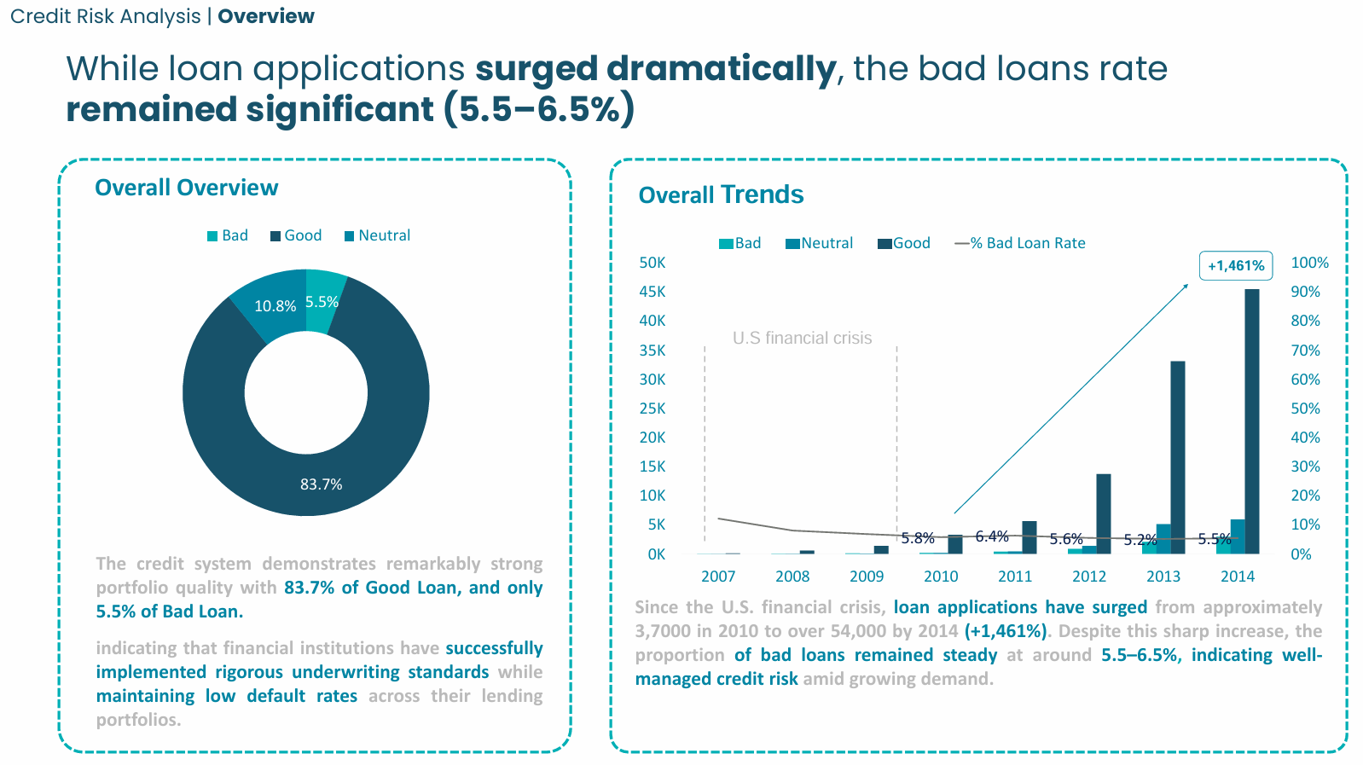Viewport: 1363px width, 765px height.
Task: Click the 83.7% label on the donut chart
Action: pos(321,484)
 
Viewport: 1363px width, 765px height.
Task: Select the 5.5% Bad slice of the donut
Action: pos(323,298)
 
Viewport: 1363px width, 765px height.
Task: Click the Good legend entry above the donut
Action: pos(296,235)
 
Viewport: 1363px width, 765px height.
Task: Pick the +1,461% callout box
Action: pos(1236,265)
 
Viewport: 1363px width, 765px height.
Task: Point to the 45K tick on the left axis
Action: pos(652,292)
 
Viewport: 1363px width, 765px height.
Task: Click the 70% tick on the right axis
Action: pos(1305,351)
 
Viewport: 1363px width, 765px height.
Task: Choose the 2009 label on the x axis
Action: pos(867,577)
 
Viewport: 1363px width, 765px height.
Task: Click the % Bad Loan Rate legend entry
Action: pos(1021,243)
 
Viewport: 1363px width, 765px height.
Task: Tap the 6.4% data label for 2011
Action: pos(992,536)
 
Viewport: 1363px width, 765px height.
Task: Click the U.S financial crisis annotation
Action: pos(802,339)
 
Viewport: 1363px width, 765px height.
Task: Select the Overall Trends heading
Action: pos(721,194)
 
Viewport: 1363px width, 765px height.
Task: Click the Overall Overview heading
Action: pos(186,188)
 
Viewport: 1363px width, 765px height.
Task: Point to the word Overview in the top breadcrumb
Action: pos(266,16)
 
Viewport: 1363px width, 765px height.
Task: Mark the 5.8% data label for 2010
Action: pos(918,538)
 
